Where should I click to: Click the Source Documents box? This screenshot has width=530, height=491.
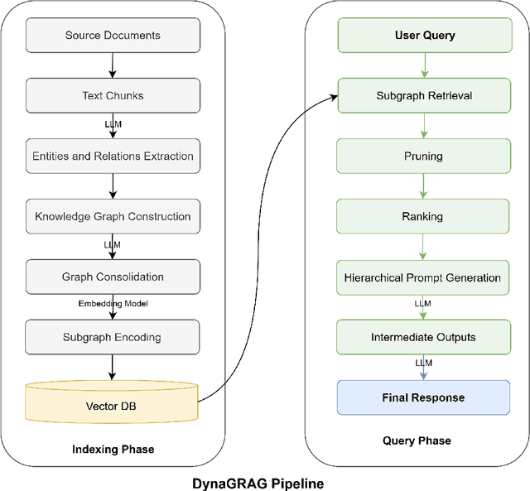pyautogui.click(x=113, y=36)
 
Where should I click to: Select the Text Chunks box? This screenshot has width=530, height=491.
pyautogui.click(x=113, y=96)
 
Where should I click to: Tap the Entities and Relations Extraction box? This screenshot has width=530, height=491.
pyautogui.click(x=113, y=156)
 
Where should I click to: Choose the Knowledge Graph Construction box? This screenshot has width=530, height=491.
pyautogui.click(x=113, y=216)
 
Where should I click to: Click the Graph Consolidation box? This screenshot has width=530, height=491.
pyautogui.click(x=113, y=277)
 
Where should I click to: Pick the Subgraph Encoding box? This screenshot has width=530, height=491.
pyautogui.click(x=113, y=337)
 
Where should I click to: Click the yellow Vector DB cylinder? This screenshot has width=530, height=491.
pyautogui.click(x=113, y=405)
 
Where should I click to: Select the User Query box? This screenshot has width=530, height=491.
pyautogui.click(x=423, y=36)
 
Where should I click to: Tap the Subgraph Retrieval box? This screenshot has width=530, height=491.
pyautogui.click(x=423, y=96)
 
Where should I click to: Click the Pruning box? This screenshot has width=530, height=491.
pyautogui.click(x=423, y=156)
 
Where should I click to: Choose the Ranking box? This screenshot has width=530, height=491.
pyautogui.click(x=423, y=216)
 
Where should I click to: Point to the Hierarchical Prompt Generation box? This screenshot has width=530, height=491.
pyautogui.click(x=423, y=277)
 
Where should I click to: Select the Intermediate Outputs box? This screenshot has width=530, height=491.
pyautogui.click(x=423, y=337)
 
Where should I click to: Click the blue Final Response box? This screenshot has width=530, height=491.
pyautogui.click(x=423, y=397)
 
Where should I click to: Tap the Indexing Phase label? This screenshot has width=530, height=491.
pyautogui.click(x=113, y=450)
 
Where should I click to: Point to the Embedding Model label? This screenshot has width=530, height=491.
pyautogui.click(x=113, y=304)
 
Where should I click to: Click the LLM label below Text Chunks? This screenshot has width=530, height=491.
pyautogui.click(x=113, y=123)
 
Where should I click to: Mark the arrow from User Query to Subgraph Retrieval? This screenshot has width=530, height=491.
pyautogui.click(x=423, y=65)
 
